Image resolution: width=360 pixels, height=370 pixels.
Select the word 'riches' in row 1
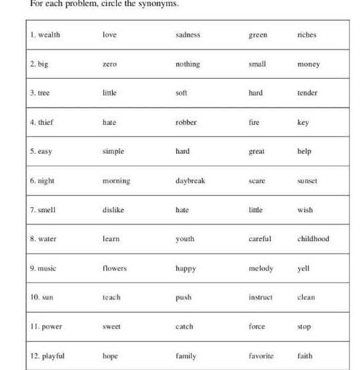pos(307,35)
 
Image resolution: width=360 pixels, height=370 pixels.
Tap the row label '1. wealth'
pos(45,35)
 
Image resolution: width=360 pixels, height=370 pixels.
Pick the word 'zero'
pos(110,64)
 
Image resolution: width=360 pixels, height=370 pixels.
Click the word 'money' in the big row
pos(309,64)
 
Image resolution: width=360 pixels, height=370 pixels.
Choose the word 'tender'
pos(307,93)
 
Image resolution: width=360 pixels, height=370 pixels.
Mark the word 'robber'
pos(186,122)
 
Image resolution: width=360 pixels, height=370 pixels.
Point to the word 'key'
pos(303,122)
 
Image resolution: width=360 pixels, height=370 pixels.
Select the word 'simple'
pos(114,151)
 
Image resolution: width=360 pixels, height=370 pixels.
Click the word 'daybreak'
pos(190,180)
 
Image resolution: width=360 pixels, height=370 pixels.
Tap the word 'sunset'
pos(307,180)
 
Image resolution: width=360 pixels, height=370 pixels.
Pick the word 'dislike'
pos(114,210)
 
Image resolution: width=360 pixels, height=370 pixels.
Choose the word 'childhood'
pos(313,238)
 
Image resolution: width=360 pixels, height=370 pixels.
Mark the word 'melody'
pos(260,268)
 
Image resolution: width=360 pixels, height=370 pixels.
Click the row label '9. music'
pos(43,268)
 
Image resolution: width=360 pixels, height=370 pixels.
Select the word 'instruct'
pos(260,297)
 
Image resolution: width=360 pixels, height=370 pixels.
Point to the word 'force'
pos(256,327)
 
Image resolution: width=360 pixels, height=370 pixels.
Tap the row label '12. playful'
pos(47,356)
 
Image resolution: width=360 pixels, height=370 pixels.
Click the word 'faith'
pos(305,356)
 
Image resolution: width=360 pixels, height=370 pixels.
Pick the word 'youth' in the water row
pos(185,238)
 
